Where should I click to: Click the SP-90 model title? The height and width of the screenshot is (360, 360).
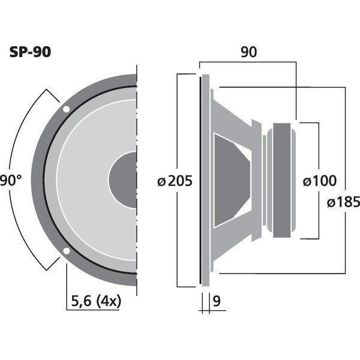pyautogui.click(x=30, y=52)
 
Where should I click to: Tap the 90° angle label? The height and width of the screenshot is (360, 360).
pyautogui.click(x=11, y=180)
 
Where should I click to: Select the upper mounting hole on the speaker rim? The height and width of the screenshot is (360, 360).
pyautogui.click(x=66, y=109)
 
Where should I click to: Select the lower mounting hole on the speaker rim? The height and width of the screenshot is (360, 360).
pyautogui.click(x=66, y=251)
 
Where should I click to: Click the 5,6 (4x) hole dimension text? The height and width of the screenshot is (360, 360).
pyautogui.click(x=96, y=301)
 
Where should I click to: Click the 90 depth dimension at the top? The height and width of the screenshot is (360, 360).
pyautogui.click(x=248, y=52)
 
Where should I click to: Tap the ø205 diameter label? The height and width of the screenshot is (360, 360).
pyautogui.click(x=175, y=181)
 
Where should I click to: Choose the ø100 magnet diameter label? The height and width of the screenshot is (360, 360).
pyautogui.click(x=320, y=181)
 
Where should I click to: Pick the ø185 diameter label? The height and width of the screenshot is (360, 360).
pyautogui.click(x=343, y=202)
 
